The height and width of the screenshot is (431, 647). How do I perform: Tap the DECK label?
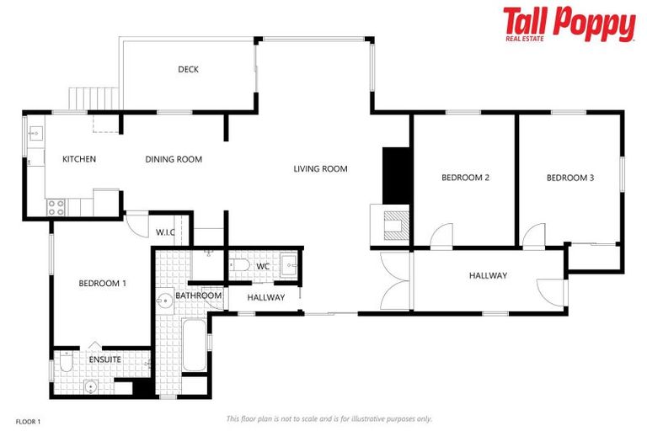(x=188, y=70)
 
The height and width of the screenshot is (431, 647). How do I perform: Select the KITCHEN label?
(x=79, y=159)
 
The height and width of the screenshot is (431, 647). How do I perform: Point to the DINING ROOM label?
(x=174, y=159)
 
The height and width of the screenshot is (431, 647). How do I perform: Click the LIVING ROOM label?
(x=320, y=169)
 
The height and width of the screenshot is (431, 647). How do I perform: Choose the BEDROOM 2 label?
(x=466, y=178)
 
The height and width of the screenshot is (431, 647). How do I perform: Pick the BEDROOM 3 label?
(x=570, y=178)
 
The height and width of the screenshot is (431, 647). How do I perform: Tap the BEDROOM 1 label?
(x=103, y=284)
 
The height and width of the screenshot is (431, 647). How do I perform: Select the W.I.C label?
(x=165, y=233)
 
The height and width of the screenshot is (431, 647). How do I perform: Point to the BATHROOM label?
(x=199, y=295)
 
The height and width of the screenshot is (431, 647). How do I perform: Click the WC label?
(x=263, y=267)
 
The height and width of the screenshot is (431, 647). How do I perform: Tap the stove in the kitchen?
(x=56, y=205)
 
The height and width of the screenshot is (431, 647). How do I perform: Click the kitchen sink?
(x=36, y=133)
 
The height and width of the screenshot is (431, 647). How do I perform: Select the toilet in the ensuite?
(x=67, y=361)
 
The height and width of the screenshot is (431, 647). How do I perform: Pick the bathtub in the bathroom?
(x=194, y=345)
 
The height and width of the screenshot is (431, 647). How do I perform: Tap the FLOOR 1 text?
(x=28, y=421)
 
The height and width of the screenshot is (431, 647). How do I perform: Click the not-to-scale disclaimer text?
(x=329, y=418)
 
